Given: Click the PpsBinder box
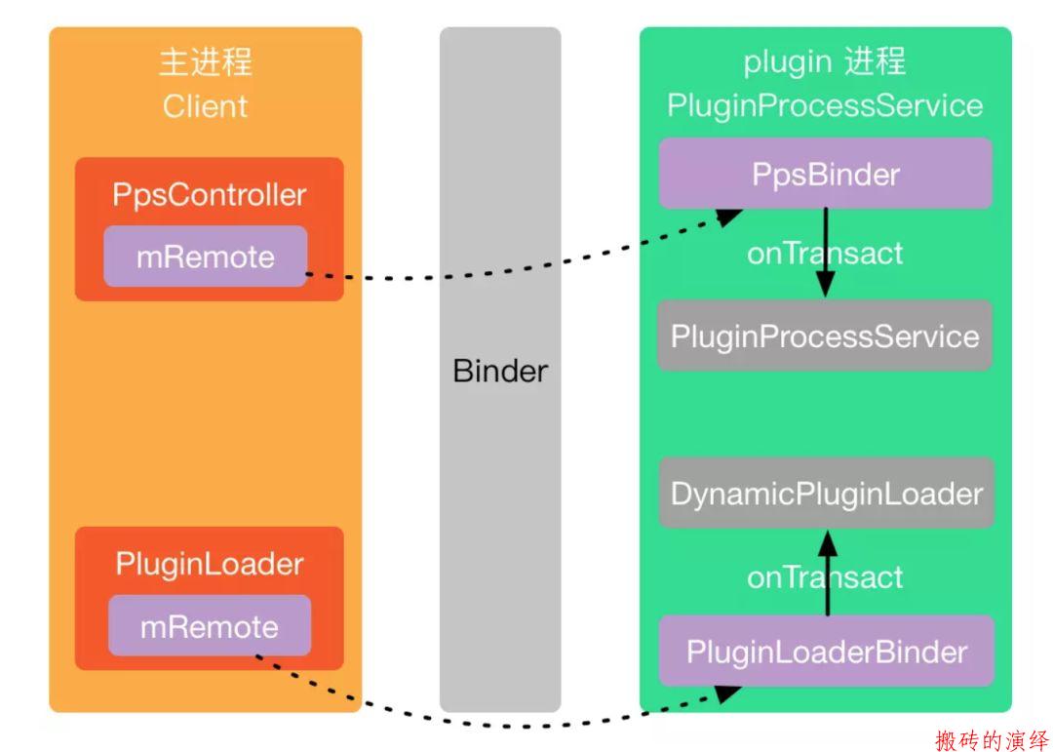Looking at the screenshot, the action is (826, 174).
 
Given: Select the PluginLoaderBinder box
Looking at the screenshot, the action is (826, 651).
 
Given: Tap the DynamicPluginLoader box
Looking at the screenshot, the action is (826, 493).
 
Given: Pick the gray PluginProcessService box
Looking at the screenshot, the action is (825, 336).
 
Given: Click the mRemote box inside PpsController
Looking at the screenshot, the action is (206, 257).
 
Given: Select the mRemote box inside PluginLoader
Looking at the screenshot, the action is (210, 625).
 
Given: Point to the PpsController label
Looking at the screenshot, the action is (209, 195).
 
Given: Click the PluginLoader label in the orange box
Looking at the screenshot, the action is (210, 565).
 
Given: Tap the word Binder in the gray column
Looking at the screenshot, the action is (500, 371).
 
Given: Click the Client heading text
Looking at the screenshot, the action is (205, 106).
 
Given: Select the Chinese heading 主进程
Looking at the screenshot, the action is (206, 61).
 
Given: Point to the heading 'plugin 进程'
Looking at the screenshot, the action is (825, 61).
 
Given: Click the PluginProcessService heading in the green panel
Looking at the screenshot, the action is (825, 105).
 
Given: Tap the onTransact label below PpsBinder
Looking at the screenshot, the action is (825, 254).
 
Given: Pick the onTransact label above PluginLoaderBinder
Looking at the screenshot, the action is (825, 577).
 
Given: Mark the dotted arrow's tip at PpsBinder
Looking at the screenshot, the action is (741, 211).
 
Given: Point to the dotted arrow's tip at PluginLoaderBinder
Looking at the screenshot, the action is (741, 688).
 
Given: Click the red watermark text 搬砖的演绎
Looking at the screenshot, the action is (992, 739).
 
